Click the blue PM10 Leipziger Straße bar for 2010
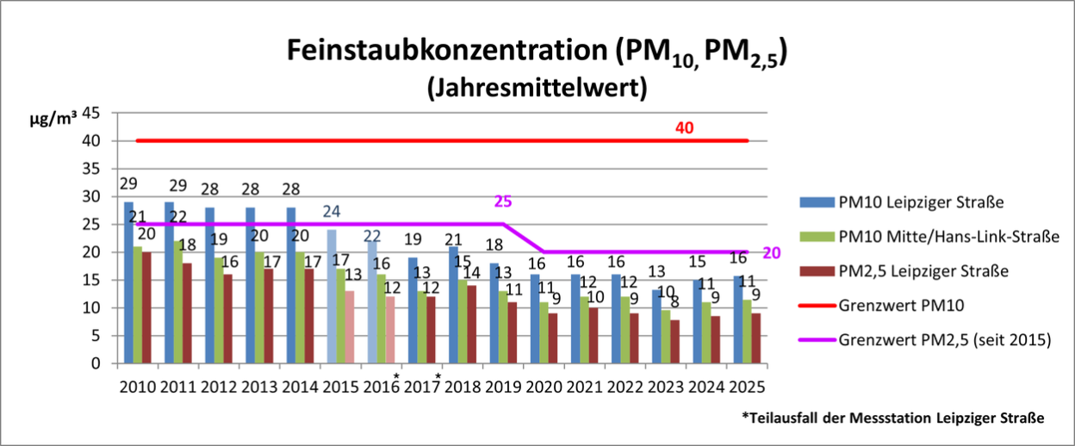[x=128, y=282]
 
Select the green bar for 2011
[x=178, y=301]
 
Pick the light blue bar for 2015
[x=332, y=296]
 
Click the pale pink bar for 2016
[x=390, y=330]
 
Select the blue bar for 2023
[x=656, y=326]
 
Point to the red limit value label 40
[x=684, y=128]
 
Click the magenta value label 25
[x=503, y=201]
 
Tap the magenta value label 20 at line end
[x=772, y=253]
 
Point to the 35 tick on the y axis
[x=91, y=169]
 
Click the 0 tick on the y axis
[x=96, y=363]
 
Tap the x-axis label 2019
[x=503, y=387]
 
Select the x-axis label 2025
[x=747, y=387]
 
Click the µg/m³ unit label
[x=53, y=118]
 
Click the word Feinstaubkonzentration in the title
[x=447, y=50]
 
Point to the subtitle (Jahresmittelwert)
[x=537, y=88]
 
